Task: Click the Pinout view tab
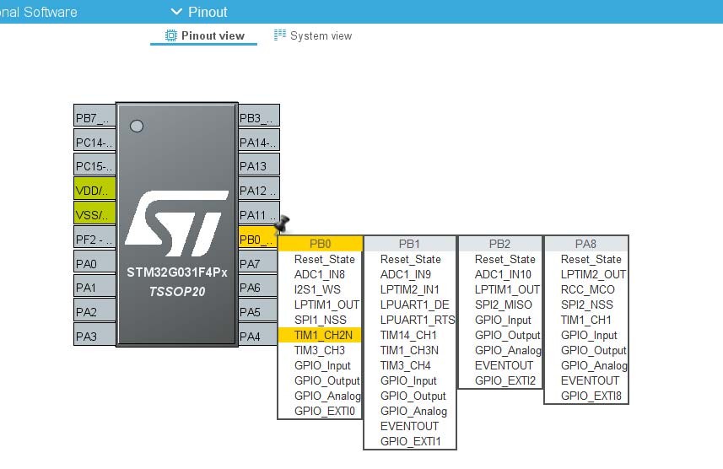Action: tap(205, 35)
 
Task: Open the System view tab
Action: tap(313, 35)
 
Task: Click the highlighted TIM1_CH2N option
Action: tap(323, 335)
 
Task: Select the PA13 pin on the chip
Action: tap(259, 166)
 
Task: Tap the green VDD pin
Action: tap(94, 190)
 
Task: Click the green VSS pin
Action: tap(94, 214)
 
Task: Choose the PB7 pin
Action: tap(94, 117)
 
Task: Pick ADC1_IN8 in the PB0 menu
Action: tap(320, 274)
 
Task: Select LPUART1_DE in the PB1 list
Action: tap(414, 305)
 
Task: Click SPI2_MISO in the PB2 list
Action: tap(503, 305)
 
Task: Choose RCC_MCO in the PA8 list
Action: tap(587, 289)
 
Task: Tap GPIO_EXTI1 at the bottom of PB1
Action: tap(410, 441)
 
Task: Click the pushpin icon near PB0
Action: tap(282, 224)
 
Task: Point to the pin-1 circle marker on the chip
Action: tap(137, 126)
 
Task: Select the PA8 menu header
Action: tap(585, 244)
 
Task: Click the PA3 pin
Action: tap(94, 336)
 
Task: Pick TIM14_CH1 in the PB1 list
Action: tap(408, 335)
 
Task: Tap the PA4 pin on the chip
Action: tap(258, 336)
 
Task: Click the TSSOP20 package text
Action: tap(177, 292)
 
